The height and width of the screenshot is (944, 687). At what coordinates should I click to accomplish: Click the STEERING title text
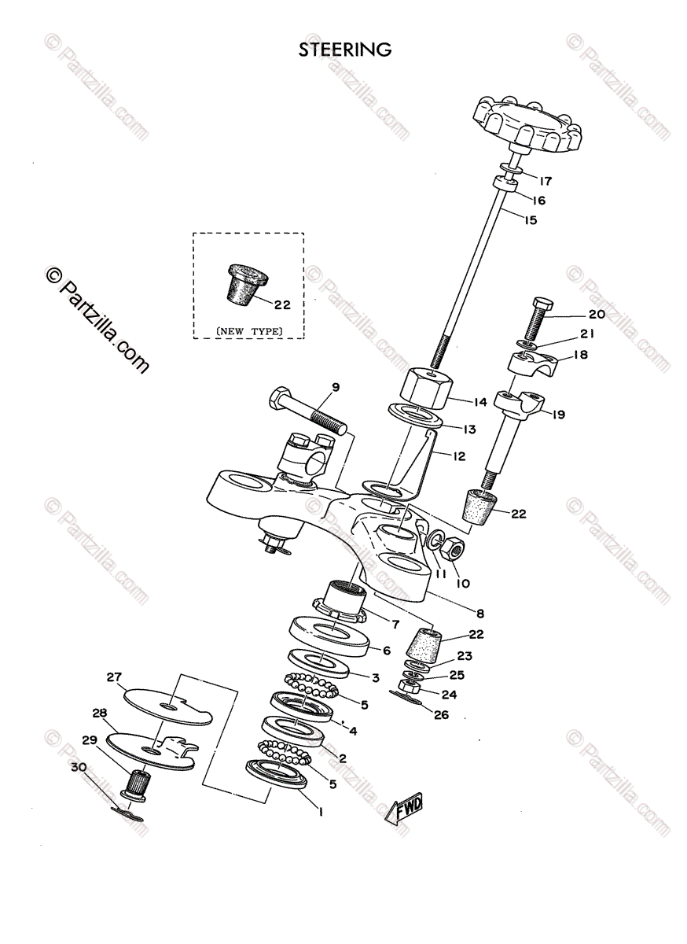344,50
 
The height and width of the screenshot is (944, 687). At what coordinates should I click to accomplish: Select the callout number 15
530,221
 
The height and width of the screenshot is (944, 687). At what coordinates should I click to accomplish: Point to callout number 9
336,386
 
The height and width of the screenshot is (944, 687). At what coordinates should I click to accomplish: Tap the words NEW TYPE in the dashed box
249,331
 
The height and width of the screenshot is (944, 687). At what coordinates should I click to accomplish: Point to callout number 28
100,714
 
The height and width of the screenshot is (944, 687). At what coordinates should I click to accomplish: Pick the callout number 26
441,716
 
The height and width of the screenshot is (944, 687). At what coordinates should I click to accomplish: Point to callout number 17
546,179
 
